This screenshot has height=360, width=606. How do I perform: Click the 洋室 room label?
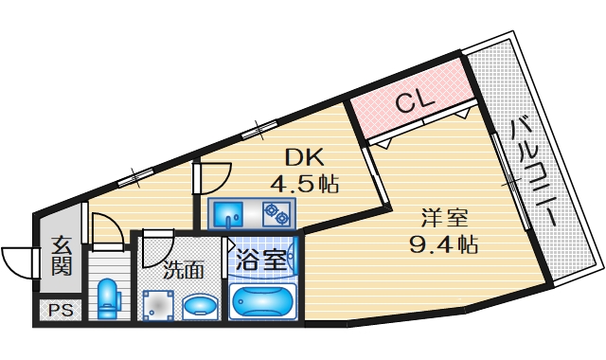pos(443,218)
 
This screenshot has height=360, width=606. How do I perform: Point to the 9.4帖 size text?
pos(443,243)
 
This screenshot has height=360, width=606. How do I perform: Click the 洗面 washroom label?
pos(183,269)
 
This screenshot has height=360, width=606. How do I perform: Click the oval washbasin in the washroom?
pos(200,306)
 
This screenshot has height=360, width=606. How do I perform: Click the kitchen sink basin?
pos(228,213)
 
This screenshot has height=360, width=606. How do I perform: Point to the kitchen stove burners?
pos(276,213)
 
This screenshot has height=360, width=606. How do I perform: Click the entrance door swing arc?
pos(19,258)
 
